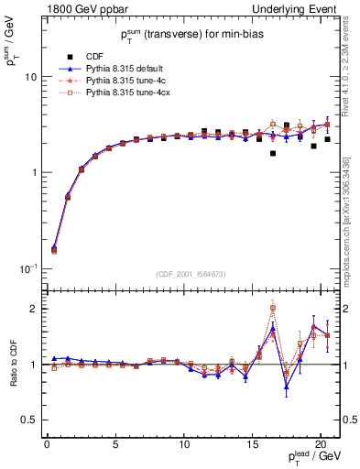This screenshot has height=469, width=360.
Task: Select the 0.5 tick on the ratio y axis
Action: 29,420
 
